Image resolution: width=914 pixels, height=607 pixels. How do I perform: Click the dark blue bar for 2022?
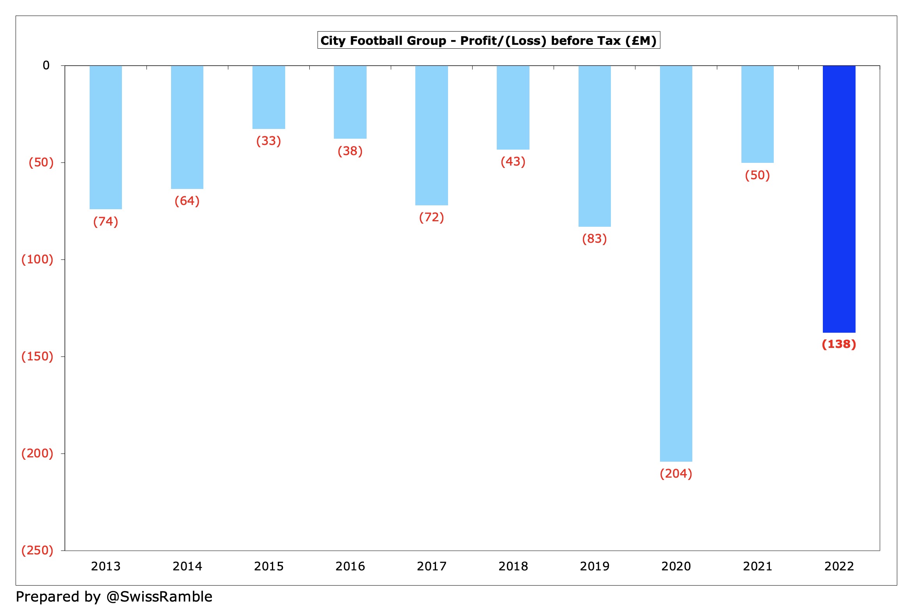839,199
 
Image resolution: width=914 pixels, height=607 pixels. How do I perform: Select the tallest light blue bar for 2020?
676,263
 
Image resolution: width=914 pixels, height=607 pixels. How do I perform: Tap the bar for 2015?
268,97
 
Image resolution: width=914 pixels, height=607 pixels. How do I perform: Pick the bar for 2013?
106,137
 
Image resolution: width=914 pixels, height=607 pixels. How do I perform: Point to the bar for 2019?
595,146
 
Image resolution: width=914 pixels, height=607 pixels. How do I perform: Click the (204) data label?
676,473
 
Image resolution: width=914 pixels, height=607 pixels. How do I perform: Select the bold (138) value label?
839,344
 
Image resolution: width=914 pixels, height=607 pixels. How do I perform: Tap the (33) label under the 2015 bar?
268,141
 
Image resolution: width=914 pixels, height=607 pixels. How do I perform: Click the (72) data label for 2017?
431,217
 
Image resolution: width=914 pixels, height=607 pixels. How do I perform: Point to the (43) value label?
513,161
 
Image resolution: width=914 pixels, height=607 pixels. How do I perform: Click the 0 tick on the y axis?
46,65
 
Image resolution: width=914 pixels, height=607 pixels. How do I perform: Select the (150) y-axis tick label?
37,356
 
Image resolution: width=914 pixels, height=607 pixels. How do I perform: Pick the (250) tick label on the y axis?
37,550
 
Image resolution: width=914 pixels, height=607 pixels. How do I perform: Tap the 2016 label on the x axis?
350,566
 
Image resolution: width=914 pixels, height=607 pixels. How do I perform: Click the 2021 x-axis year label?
757,566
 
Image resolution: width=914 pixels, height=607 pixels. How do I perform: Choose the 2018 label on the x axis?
513,566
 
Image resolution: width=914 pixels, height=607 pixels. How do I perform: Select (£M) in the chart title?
641,41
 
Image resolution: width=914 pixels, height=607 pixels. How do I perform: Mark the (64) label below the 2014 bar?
187,201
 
